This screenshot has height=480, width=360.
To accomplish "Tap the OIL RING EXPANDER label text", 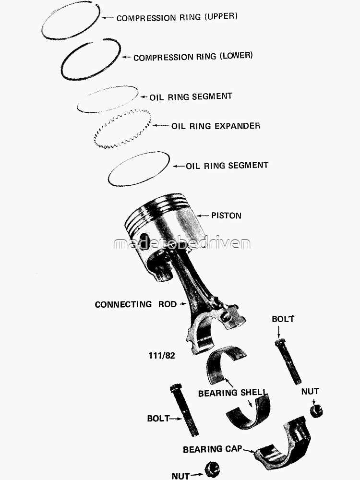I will [x=216, y=126].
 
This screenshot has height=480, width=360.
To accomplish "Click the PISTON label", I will [x=226, y=216].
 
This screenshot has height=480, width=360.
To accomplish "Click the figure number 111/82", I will [x=163, y=356].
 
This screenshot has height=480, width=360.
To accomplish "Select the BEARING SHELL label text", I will [x=232, y=393].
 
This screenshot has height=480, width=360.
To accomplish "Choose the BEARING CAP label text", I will [x=211, y=450].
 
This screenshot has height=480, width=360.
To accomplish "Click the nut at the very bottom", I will [x=212, y=469].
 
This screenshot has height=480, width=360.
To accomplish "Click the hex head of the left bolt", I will [x=176, y=387].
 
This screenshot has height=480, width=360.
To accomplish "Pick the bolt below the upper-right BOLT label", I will [x=288, y=362].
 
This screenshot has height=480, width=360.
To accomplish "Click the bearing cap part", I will [x=283, y=444].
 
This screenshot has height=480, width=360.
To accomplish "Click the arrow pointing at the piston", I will [x=203, y=216].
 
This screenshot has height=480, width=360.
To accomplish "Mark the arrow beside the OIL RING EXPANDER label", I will [x=161, y=126].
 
